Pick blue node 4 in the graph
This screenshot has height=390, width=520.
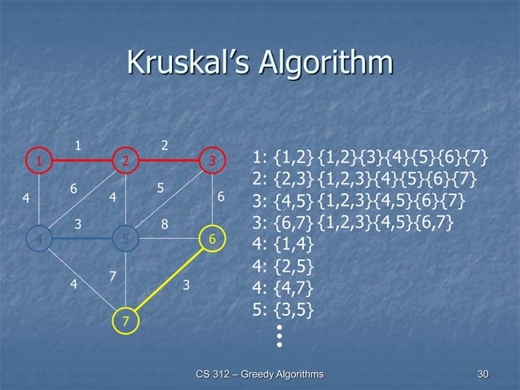[x=37, y=240]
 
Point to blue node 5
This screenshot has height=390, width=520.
[x=125, y=240]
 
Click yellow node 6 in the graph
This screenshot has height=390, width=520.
[x=212, y=240]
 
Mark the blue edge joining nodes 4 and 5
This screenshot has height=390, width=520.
[x=82, y=240]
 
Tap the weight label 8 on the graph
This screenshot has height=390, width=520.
[x=165, y=222]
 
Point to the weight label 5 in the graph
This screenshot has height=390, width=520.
[x=161, y=188]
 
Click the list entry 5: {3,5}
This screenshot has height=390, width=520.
[x=283, y=309]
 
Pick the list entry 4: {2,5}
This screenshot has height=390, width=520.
[x=283, y=265]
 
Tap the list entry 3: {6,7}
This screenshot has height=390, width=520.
[x=283, y=221]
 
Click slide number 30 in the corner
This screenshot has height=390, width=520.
[x=483, y=374]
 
